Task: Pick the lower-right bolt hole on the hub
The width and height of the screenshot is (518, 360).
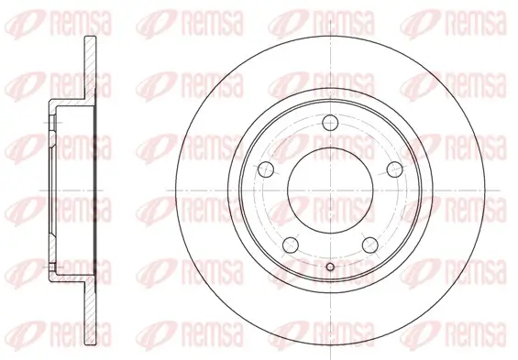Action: coord(371,245)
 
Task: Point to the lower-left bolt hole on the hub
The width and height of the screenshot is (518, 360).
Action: coord(288,245)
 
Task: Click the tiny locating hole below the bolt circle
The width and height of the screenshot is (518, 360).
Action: coord(329,267)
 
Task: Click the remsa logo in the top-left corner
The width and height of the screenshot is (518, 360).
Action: coord(40,17)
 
